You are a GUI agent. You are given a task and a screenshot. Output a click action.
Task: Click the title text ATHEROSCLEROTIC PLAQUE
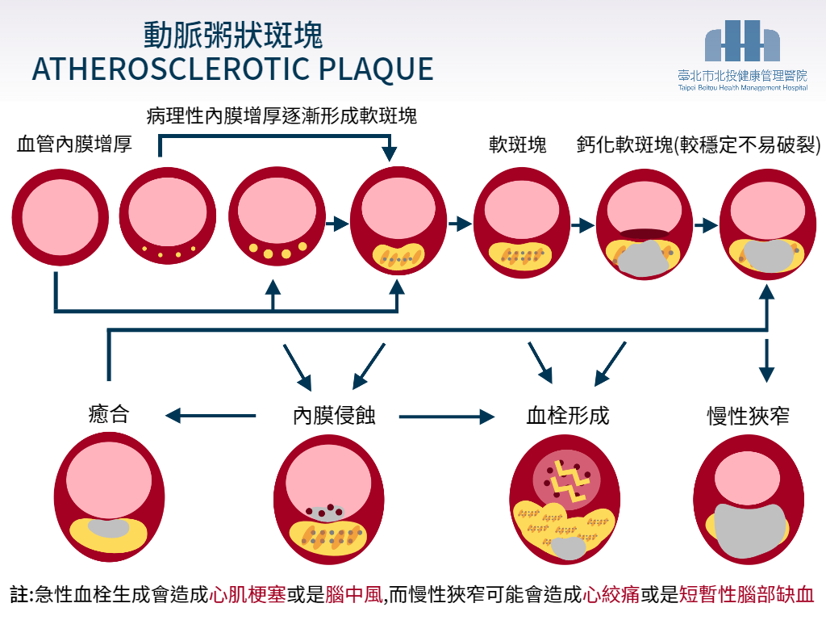(232, 69)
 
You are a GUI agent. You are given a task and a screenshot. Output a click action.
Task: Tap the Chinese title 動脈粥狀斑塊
(233, 36)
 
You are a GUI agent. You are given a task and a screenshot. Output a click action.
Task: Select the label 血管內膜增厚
(74, 145)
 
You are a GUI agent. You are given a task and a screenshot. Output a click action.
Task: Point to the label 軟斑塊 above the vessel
(517, 145)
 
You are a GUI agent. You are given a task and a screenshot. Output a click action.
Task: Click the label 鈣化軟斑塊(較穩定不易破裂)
(699, 145)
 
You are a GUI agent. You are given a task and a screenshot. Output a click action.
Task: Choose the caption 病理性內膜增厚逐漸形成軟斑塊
(282, 116)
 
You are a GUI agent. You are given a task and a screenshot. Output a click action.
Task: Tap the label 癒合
(109, 416)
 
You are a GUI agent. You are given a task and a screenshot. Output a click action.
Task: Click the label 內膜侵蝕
(334, 417)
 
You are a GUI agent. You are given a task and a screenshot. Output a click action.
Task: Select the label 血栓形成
(567, 417)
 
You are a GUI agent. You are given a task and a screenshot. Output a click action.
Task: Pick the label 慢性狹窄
(747, 417)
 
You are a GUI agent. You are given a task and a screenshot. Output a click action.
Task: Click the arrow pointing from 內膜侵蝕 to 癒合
(210, 417)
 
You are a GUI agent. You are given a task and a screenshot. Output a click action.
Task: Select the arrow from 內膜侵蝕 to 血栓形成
(446, 417)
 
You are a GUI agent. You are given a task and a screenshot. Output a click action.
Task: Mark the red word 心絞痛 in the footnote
(611, 596)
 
